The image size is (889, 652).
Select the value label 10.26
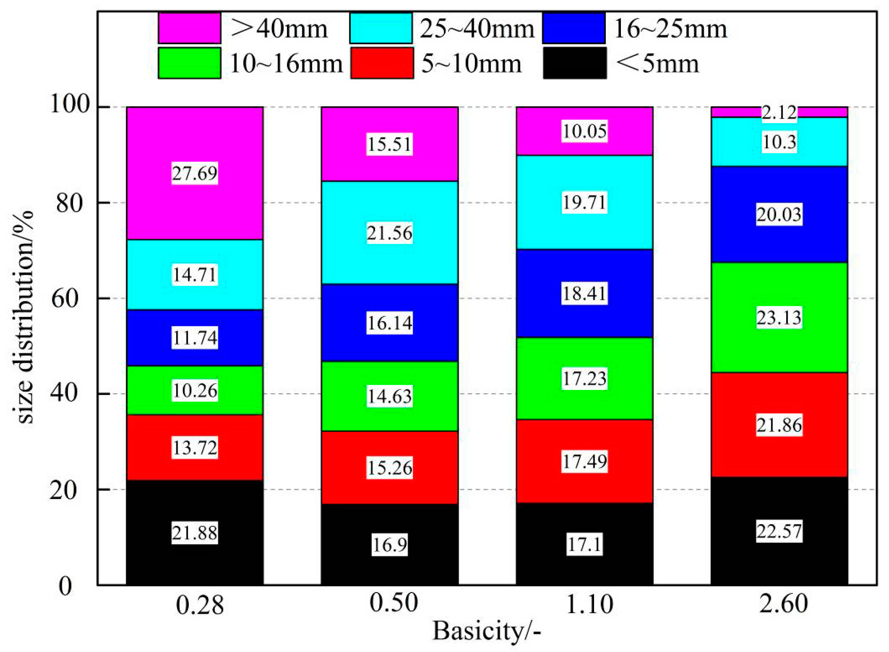pyautogui.click(x=194, y=390)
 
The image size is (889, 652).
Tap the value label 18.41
pyautogui.click(x=584, y=293)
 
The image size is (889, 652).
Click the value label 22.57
pyautogui.click(x=779, y=531)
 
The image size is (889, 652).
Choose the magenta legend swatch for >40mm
pyautogui.click(x=189, y=28)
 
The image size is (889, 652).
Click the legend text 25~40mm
pyautogui.click(x=477, y=29)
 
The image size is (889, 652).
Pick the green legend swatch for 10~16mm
pyautogui.click(x=189, y=63)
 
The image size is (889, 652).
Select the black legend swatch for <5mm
pyautogui.click(x=574, y=63)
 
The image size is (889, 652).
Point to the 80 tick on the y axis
pyautogui.click(x=69, y=203)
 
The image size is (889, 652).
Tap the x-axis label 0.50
pyautogui.click(x=393, y=603)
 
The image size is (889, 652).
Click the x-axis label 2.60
pyautogui.click(x=783, y=603)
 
